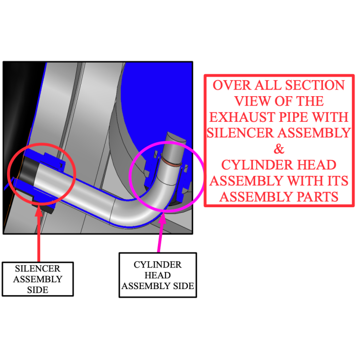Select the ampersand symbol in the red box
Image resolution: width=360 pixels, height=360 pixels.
coord(278,149)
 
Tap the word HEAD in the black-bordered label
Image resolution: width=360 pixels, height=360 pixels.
coord(157,275)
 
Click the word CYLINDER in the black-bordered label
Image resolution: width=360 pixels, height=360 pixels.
coord(157,265)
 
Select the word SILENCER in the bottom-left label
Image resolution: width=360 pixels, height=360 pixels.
coord(38,268)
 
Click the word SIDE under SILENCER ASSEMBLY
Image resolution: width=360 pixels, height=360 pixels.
coord(38,290)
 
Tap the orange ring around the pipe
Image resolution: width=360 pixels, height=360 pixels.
coord(172,163)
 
